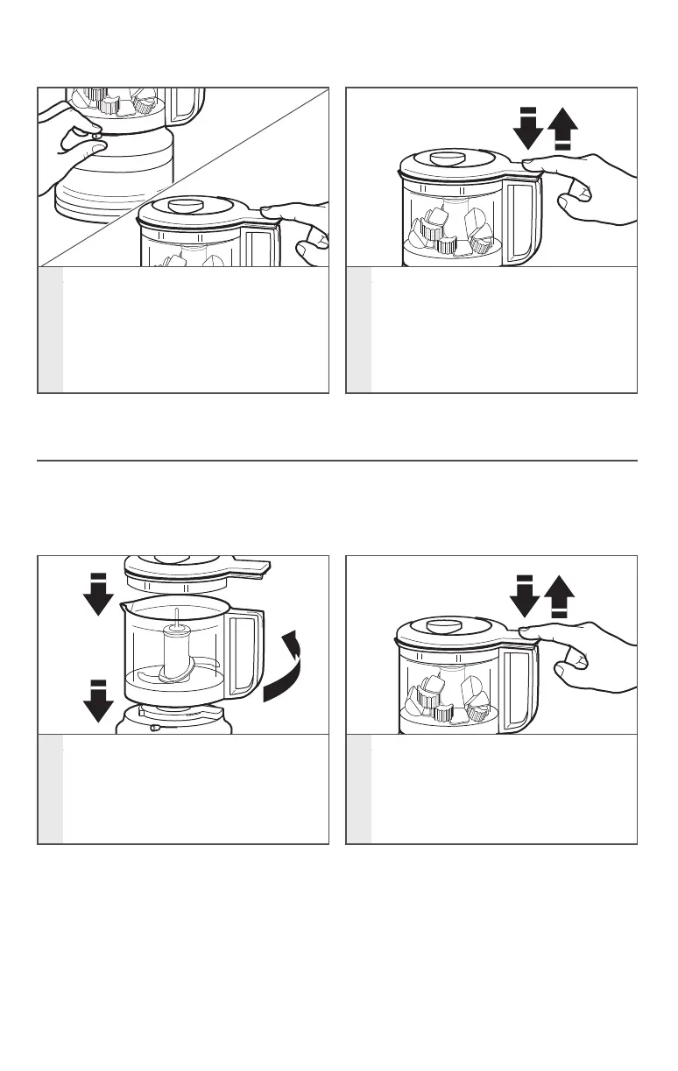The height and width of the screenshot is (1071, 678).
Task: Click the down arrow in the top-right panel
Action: [x=529, y=131]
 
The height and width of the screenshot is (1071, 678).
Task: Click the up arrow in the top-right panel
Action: [x=561, y=131]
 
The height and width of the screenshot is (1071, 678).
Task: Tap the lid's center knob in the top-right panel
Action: [x=448, y=158]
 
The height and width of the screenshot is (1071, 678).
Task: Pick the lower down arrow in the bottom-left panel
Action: [x=97, y=701]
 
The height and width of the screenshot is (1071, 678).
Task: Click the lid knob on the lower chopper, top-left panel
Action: [x=184, y=206]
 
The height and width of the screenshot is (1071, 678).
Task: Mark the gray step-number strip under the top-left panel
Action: [x=51, y=330]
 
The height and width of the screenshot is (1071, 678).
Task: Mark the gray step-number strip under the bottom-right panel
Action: [x=359, y=788]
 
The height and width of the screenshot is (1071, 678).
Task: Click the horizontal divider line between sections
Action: [x=337, y=460]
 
